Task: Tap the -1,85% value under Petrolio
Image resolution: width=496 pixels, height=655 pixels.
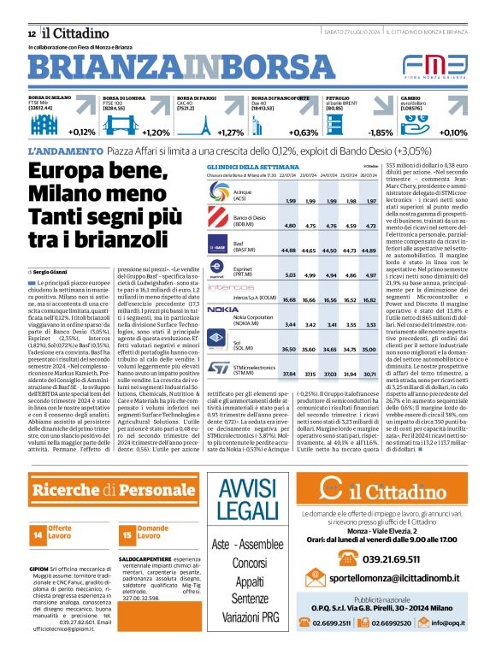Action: pos(380,133)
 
